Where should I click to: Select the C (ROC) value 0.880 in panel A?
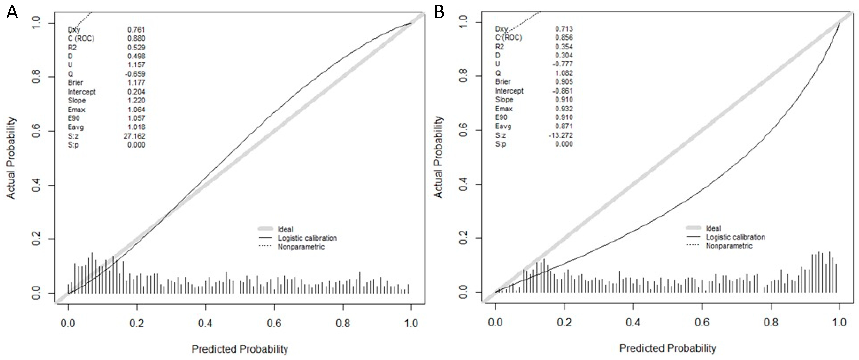coord(136,38)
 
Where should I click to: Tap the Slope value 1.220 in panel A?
coord(136,100)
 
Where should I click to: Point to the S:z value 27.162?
coord(134,136)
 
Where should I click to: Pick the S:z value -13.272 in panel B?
coord(561,135)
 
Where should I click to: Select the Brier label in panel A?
coord(75,82)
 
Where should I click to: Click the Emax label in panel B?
coord(504,109)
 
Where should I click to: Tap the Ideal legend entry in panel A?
coord(285,229)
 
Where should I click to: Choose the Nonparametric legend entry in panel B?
coord(729,246)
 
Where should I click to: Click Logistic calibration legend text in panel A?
coord(307,238)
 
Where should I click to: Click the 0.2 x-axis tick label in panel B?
coord(564,322)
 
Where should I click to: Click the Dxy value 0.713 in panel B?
coord(564,29)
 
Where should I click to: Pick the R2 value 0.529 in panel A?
coord(136,47)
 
